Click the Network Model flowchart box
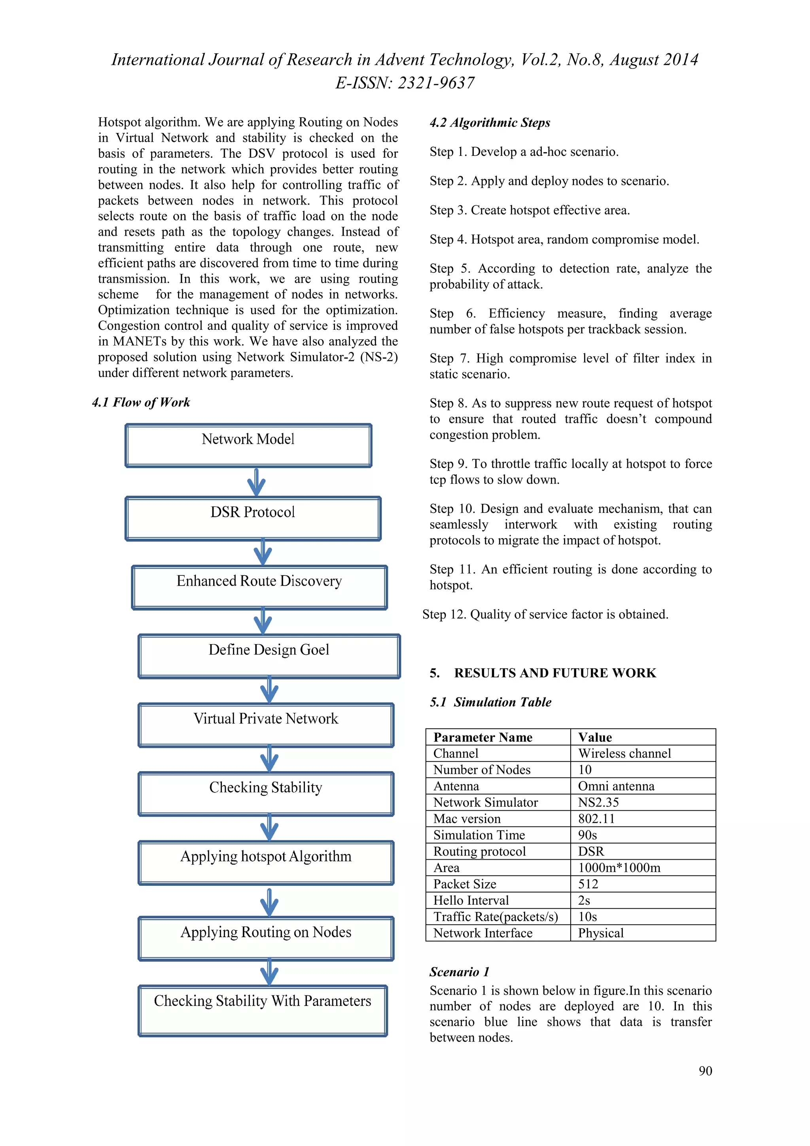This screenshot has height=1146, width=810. (x=248, y=445)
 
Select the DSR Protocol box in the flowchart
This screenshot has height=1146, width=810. (x=253, y=518)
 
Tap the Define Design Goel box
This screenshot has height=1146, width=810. (x=269, y=656)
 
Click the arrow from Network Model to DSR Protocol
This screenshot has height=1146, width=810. (x=256, y=482)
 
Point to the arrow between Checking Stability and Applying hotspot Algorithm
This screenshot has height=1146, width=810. (x=269, y=828)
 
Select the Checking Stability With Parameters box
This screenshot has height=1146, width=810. (x=263, y=1010)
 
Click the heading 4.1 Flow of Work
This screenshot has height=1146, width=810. (x=141, y=402)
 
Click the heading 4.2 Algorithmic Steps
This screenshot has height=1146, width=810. (x=490, y=123)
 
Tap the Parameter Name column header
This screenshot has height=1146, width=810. (x=483, y=737)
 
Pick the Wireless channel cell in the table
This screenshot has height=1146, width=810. (x=625, y=753)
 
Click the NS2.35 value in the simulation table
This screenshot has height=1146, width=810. (x=598, y=802)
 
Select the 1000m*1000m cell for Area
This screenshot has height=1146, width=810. (x=619, y=868)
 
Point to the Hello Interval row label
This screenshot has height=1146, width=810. (x=471, y=900)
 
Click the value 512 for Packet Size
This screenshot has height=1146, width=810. (x=588, y=884)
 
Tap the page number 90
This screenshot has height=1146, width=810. (x=705, y=1070)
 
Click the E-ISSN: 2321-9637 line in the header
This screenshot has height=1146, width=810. (x=405, y=83)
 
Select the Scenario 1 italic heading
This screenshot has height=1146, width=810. (x=459, y=972)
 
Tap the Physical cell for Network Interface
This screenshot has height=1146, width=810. (x=600, y=933)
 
